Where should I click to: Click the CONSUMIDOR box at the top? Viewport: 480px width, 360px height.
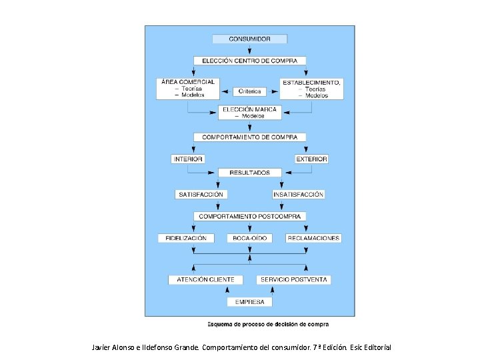point(249,39)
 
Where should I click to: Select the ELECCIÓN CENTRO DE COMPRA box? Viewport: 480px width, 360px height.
point(249,61)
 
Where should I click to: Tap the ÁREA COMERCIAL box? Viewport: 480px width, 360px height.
point(187,89)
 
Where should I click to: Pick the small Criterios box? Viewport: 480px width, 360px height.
point(249,91)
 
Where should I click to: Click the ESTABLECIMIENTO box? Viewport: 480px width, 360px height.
point(311,89)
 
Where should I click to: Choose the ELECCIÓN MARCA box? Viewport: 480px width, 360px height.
point(249,112)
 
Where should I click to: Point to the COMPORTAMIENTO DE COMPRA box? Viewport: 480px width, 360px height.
point(249,137)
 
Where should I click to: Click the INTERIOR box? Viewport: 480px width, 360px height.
point(188,159)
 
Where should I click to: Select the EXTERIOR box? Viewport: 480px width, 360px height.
point(311,159)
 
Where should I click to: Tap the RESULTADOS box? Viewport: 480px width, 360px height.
point(249,173)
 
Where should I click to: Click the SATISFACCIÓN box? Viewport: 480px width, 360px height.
point(201,195)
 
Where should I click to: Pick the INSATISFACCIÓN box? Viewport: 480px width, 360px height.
point(298,195)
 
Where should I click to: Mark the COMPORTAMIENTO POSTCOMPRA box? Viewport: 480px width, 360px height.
point(249,217)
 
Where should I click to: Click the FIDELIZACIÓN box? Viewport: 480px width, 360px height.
point(186,238)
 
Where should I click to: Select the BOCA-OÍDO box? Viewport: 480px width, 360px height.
point(249,238)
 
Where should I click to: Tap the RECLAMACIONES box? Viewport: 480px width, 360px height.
point(313,238)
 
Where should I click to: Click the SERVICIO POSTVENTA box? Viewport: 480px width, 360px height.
point(293,279)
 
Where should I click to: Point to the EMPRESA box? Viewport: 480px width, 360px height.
point(249,302)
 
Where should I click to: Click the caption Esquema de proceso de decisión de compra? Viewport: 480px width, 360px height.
point(267,325)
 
